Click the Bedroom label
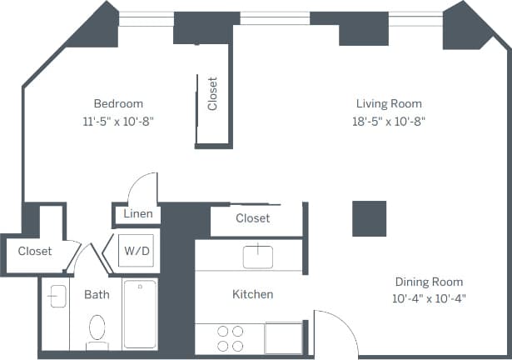click(x=117, y=103)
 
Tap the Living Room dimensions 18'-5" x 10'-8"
click(x=389, y=120)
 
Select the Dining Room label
click(x=429, y=282)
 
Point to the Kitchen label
click(x=252, y=294)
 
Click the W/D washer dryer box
click(x=135, y=250)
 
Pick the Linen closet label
click(x=137, y=214)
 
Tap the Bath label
click(x=97, y=294)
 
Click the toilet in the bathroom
click(x=97, y=330)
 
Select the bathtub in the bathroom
click(x=140, y=315)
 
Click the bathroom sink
click(x=57, y=296)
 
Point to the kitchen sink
click(x=257, y=255)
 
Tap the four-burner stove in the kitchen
click(x=230, y=338)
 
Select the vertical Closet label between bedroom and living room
click(x=212, y=94)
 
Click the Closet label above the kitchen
click(x=252, y=218)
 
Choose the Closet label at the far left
click(x=35, y=251)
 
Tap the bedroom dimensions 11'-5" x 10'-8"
click(x=117, y=120)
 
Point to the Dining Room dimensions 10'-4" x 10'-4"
click(x=429, y=298)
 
